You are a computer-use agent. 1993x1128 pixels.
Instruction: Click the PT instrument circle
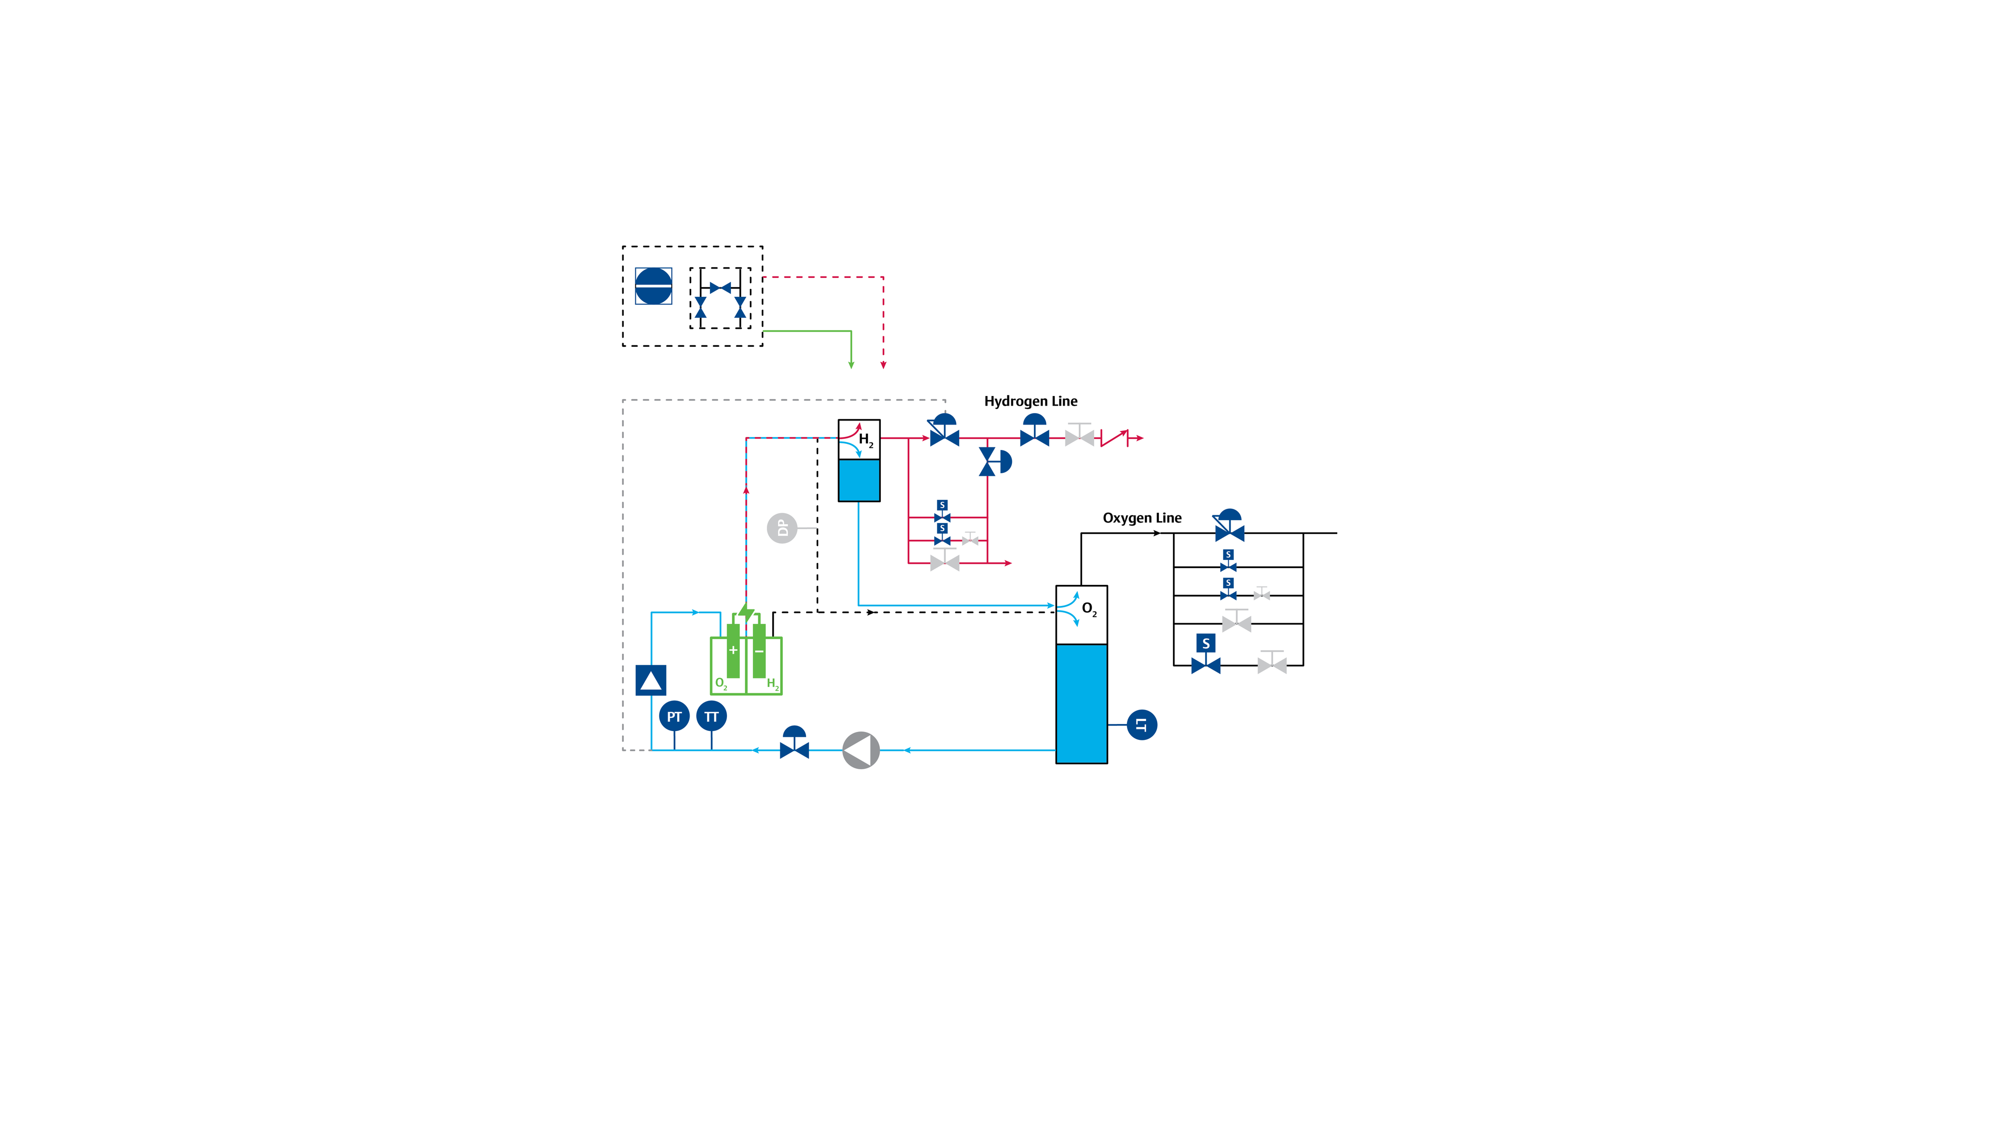point(674,716)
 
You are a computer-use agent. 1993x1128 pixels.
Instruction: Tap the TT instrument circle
point(711,716)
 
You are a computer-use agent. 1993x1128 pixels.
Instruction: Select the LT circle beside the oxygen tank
point(1141,725)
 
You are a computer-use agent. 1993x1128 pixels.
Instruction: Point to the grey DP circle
point(782,528)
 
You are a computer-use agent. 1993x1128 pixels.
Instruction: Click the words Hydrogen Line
point(1030,401)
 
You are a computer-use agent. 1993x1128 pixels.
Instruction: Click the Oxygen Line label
point(1141,518)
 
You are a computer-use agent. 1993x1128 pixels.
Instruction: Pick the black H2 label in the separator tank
point(865,440)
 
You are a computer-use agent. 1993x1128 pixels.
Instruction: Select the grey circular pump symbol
point(860,750)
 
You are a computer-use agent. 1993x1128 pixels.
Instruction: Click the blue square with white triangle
point(651,680)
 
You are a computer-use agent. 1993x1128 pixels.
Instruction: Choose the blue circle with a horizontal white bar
point(653,286)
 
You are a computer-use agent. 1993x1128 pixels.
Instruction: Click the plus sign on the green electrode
point(733,650)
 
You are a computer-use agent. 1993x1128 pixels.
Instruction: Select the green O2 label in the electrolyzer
point(720,683)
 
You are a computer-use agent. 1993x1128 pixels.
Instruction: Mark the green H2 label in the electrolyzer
point(772,683)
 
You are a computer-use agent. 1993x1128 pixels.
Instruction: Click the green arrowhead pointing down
point(852,365)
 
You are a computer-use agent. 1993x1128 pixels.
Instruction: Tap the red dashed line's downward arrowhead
point(883,365)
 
